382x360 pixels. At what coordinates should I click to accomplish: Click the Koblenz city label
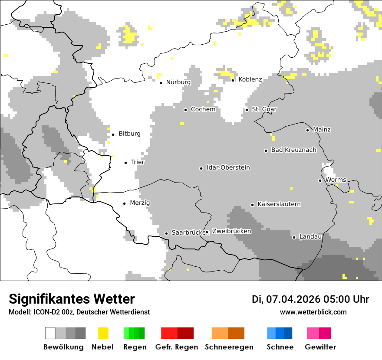(250, 79)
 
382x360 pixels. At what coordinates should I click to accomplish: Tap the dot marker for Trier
(126, 163)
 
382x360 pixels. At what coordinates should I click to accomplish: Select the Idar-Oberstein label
(228, 167)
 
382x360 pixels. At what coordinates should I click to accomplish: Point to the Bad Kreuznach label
(293, 150)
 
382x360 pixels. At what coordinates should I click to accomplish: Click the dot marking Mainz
(307, 130)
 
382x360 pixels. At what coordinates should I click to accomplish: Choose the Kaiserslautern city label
(279, 204)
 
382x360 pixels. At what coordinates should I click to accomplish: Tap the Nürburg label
(178, 82)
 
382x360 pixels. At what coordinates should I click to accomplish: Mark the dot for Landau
(294, 237)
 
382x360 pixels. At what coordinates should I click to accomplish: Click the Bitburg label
(129, 134)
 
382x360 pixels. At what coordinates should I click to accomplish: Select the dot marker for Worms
(320, 180)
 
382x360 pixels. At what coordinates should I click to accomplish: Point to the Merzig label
(140, 203)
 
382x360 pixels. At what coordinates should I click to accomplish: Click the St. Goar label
(264, 109)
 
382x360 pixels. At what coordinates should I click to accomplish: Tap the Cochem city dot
(185, 110)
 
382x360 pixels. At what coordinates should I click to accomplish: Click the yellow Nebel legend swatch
(103, 333)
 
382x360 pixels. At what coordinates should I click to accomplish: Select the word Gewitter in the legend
(320, 347)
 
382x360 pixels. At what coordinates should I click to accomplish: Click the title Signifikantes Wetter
(72, 299)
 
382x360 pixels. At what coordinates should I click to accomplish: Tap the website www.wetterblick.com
(313, 312)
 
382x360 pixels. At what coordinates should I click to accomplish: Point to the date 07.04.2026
(293, 299)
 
